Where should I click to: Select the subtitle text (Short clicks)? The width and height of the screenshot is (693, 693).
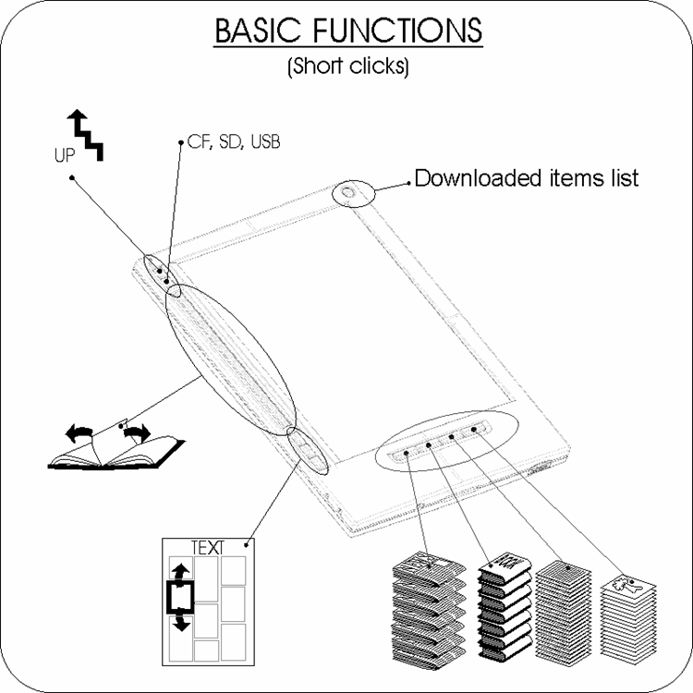click(347, 67)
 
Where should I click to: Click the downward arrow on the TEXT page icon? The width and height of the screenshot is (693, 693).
click(181, 621)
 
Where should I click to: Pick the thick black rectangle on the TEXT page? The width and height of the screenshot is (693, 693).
click(181, 596)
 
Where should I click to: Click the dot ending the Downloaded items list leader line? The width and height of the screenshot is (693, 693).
click(407, 184)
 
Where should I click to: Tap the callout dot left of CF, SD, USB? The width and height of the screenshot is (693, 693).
click(178, 143)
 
